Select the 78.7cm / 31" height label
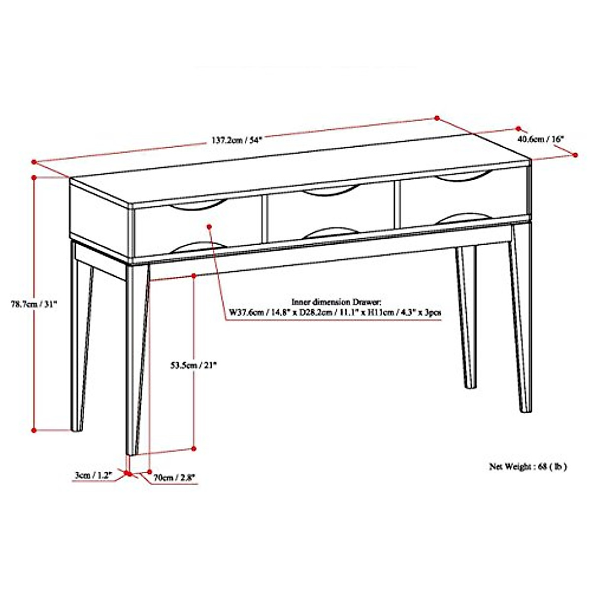[34, 304]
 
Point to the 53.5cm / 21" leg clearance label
[194, 365]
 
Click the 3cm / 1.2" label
[93, 476]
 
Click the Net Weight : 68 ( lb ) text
[527, 466]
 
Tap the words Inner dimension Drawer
[336, 302]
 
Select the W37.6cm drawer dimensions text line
[334, 312]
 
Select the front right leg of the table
[521, 320]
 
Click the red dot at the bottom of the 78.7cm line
[34, 430]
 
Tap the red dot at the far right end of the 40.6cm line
[576, 155]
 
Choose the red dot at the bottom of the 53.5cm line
[194, 448]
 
